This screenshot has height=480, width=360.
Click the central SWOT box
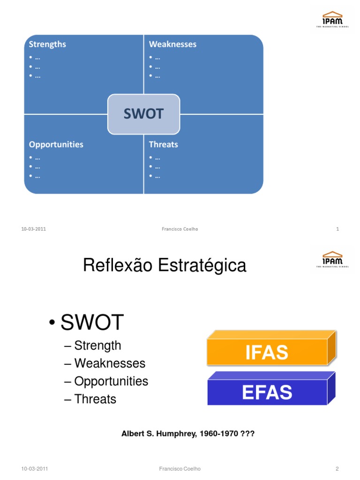tap(143, 114)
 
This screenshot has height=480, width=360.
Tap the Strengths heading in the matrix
tap(47, 45)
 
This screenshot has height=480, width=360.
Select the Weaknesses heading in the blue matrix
tap(172, 45)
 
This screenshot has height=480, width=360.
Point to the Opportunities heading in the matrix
tap(56, 144)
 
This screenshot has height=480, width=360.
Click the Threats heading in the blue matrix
tap(163, 144)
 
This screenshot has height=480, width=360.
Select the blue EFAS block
tap(267, 392)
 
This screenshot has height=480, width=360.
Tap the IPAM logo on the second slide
tap(332, 258)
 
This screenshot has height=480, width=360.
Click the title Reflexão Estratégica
tap(164, 266)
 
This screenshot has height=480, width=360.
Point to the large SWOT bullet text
tap(92, 322)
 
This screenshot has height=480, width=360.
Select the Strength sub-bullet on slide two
tap(97, 345)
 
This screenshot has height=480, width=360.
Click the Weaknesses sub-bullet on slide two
tap(110, 363)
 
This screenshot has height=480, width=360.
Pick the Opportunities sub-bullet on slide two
tap(111, 381)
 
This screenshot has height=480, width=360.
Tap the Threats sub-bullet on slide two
tap(95, 399)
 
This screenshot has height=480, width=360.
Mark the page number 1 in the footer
tap(337, 229)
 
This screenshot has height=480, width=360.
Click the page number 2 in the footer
tap(337, 469)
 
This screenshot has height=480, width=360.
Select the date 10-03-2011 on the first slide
tap(33, 229)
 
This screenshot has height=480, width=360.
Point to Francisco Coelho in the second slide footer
tap(180, 469)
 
